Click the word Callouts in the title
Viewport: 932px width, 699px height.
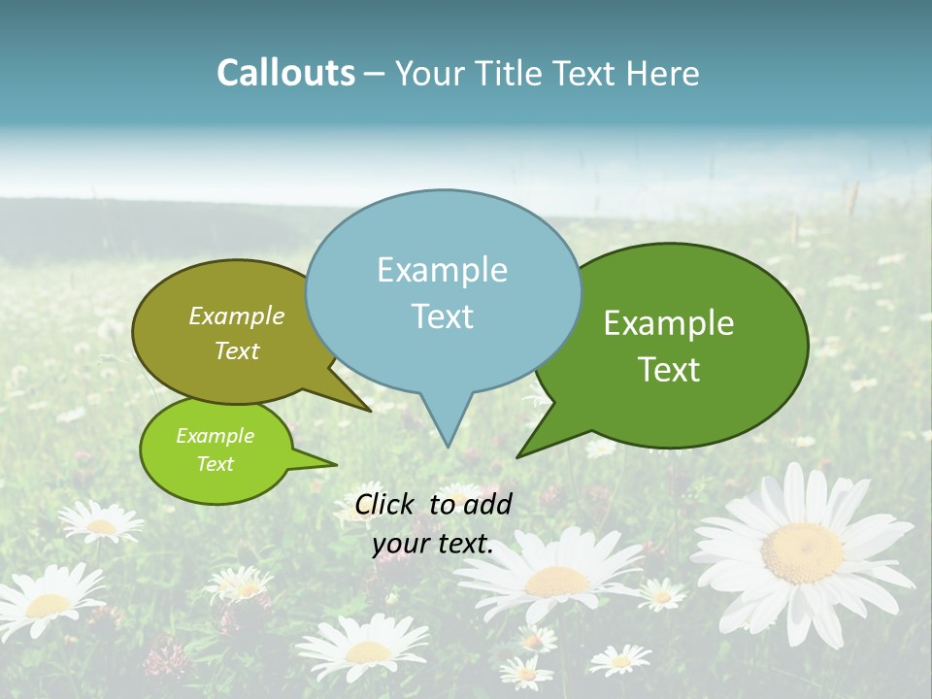[285, 73]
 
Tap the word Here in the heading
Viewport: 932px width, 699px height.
[664, 73]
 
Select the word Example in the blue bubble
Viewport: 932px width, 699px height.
[442, 270]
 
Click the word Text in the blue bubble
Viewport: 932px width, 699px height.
[442, 316]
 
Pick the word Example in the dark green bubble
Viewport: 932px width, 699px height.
[669, 323]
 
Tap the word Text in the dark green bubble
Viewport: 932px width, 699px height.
[669, 369]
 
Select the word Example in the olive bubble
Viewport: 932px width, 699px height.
[237, 316]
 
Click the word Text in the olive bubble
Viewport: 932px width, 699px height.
[237, 350]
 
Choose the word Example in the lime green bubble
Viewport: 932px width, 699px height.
[215, 436]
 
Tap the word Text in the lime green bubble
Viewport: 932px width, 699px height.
[215, 464]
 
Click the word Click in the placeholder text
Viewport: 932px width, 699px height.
[385, 504]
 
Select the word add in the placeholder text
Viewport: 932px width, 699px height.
[487, 504]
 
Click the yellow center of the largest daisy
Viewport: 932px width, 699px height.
[802, 553]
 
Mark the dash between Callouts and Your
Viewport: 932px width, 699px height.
[375, 74]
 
